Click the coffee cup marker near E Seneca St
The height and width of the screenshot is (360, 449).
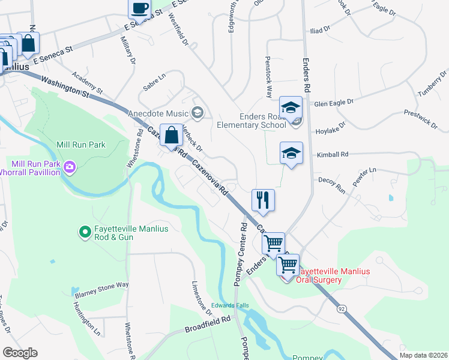(x=140, y=8)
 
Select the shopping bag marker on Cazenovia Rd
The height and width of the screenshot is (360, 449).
(x=172, y=134)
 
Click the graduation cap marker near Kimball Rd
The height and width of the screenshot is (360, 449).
(x=291, y=153)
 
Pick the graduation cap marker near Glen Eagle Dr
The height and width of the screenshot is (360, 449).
(x=291, y=107)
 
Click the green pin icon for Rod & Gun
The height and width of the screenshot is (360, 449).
(x=86, y=230)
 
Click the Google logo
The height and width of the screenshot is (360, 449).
(x=20, y=353)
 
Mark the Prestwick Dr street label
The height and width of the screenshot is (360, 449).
(x=421, y=119)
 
